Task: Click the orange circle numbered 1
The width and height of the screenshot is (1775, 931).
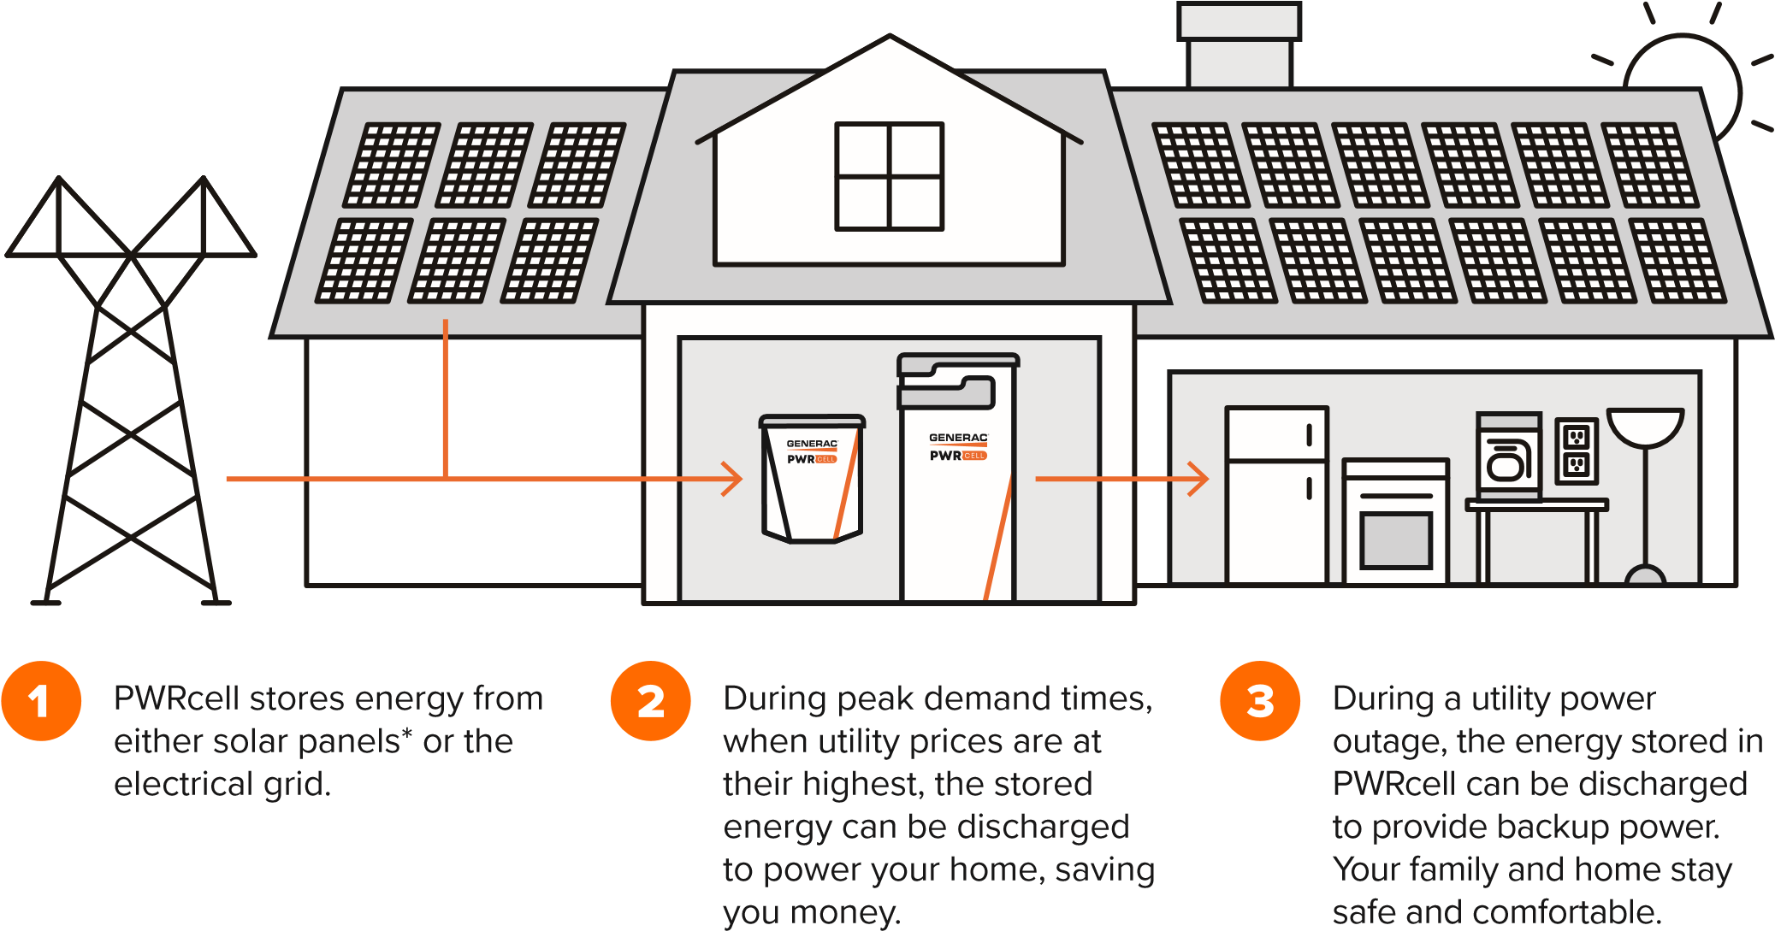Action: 40,701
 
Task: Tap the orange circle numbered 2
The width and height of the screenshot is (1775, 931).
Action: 650,701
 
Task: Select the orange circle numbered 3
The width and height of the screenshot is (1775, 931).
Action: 1260,701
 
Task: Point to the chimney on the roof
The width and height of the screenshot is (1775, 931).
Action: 1240,47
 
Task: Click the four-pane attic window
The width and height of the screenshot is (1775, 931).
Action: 890,177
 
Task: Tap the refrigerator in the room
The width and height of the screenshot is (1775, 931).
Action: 1276,494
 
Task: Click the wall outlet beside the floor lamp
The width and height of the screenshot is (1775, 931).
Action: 1576,451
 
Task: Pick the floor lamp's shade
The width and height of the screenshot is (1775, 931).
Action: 1645,426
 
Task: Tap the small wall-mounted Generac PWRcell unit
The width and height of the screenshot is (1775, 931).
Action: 813,479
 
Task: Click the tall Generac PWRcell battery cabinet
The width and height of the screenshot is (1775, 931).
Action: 957,479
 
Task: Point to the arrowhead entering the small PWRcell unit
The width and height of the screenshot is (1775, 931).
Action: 732,479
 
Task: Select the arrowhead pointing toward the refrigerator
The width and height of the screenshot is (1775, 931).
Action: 1198,479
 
